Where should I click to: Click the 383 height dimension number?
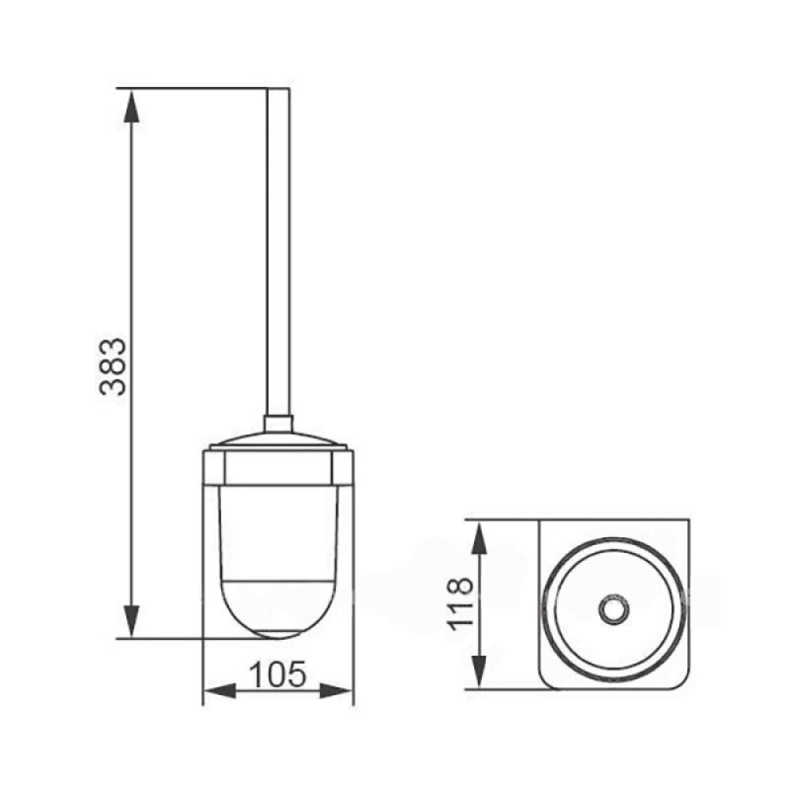pos(113,366)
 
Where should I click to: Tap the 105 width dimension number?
pos(277,674)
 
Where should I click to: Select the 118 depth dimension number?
pos(460,603)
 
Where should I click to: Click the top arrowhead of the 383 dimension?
pos(131,106)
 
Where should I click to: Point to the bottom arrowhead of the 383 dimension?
pos(131,622)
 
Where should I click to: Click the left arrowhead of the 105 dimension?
pos(219,690)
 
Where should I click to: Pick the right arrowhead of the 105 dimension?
pos(337,690)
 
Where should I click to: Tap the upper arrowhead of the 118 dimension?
pos(479,537)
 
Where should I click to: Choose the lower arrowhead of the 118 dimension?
pos(479,671)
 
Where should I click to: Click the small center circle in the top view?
pos(613,609)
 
